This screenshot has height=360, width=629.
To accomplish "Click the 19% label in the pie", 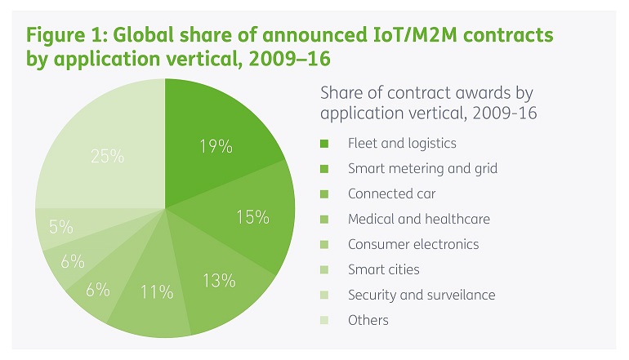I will coord(216,147).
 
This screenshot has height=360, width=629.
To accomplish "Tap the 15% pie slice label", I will coord(253,216).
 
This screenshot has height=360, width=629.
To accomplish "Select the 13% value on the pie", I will coord(219,281).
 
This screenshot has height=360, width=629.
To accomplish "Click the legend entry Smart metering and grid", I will coord(422,168).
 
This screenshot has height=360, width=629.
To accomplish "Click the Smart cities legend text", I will coord(384,269).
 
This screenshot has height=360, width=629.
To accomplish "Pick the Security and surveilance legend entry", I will coord(422,295).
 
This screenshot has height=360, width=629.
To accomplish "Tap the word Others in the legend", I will coord(368,320).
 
